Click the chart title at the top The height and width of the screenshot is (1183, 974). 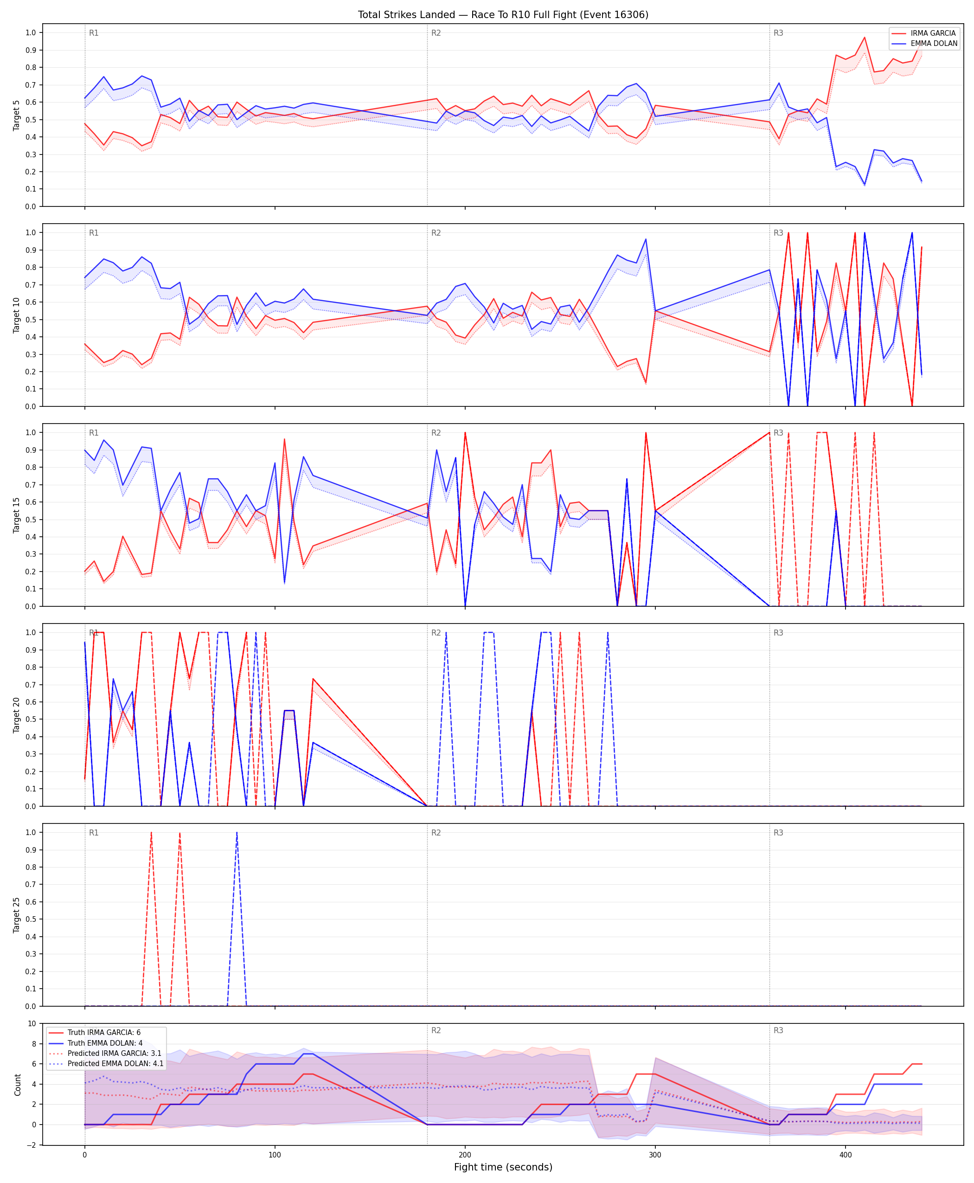[503, 14]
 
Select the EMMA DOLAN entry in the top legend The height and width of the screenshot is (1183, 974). [934, 43]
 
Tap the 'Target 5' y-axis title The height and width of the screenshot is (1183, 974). [16, 116]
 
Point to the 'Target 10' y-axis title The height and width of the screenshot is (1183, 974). [16, 315]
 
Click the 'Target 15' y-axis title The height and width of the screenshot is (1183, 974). [16, 515]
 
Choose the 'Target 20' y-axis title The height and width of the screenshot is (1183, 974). [16, 715]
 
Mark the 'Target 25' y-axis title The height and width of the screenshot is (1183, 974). [16, 915]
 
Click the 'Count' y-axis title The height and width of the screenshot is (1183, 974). [18, 1085]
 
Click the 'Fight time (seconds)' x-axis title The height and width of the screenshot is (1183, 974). [503, 1167]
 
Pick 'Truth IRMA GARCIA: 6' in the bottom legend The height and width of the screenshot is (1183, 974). [104, 1033]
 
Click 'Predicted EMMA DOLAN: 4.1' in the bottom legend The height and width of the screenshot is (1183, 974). [115, 1063]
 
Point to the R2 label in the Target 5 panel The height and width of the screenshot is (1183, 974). [436, 33]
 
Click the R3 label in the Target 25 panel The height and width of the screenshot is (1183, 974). [778, 833]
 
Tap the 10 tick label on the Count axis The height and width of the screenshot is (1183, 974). [32, 1023]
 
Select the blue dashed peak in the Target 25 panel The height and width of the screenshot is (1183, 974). [237, 833]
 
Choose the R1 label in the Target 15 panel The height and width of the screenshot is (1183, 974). [94, 433]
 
